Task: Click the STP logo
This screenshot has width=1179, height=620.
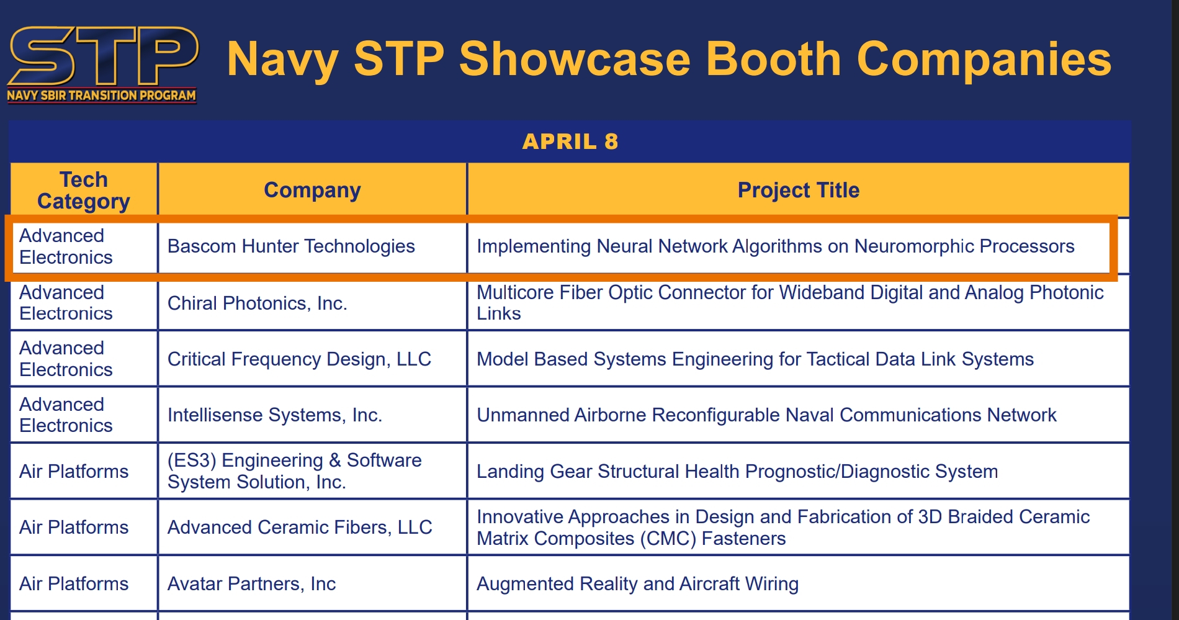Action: pyautogui.click(x=102, y=64)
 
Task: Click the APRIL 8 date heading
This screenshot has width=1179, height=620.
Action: pyautogui.click(x=570, y=142)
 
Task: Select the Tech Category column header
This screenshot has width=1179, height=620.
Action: pyautogui.click(x=84, y=191)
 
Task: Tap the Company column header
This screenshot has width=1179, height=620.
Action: pyautogui.click(x=312, y=191)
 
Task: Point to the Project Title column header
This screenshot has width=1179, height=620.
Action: pyautogui.click(x=799, y=190)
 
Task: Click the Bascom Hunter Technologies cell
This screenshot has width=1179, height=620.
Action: pyautogui.click(x=291, y=246)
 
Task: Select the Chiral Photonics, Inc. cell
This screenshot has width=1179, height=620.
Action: pyautogui.click(x=258, y=303)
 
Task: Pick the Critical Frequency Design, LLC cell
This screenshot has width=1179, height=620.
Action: pyautogui.click(x=299, y=359)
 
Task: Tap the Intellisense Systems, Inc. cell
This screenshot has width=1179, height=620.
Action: pyautogui.click(x=275, y=415)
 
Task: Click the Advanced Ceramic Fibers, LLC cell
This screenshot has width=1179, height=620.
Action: pyautogui.click(x=300, y=527)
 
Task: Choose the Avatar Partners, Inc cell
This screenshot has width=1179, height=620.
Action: pyautogui.click(x=251, y=583)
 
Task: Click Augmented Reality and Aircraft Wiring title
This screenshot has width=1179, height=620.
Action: pyautogui.click(x=637, y=583)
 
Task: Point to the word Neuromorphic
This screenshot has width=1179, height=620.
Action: pyautogui.click(x=914, y=246)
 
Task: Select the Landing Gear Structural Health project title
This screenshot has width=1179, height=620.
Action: pyautogui.click(x=737, y=471)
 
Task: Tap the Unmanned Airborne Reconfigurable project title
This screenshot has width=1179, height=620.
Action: pyautogui.click(x=766, y=415)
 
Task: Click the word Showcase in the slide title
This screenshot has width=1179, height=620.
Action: pyautogui.click(x=575, y=59)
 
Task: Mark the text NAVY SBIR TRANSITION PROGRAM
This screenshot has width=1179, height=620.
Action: pyautogui.click(x=102, y=96)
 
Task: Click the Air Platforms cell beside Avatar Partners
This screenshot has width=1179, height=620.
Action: pyautogui.click(x=74, y=583)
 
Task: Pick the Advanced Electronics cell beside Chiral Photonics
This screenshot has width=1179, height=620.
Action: pyautogui.click(x=66, y=303)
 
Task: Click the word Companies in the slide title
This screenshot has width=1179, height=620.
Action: pyautogui.click(x=984, y=59)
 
